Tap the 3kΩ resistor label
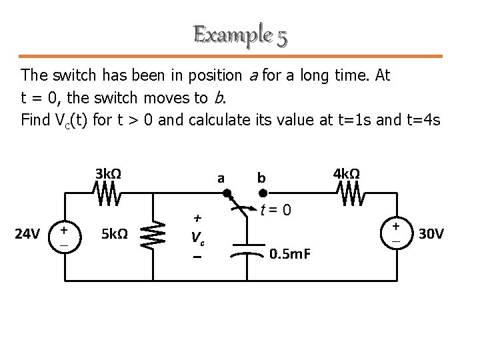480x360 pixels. pyautogui.click(x=108, y=174)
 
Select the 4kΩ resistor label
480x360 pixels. pyautogui.click(x=347, y=174)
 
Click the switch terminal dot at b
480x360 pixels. pyautogui.click(x=263, y=194)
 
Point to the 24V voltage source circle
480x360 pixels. pyautogui.click(x=65, y=234)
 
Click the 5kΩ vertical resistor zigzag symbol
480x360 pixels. pyautogui.click(x=152, y=234)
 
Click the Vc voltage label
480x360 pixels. pyautogui.click(x=196, y=237)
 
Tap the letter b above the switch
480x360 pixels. pyautogui.click(x=262, y=178)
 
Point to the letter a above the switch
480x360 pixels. pyautogui.click(x=221, y=178)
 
